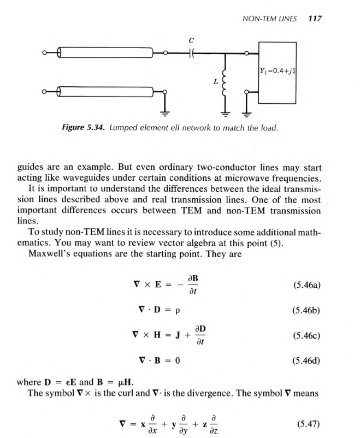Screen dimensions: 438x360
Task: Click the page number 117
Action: coord(315,18)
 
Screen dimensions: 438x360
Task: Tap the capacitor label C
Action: coord(191,39)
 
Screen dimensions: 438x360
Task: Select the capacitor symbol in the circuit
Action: coord(191,54)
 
